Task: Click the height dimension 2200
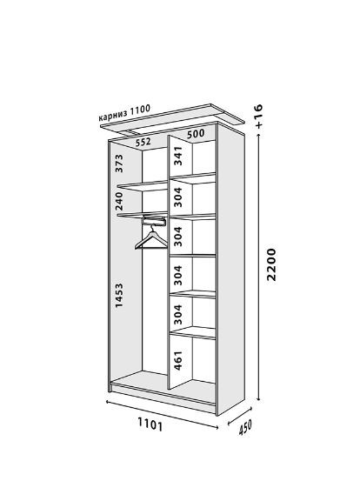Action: pos(271,264)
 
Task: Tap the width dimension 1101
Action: pos(150,424)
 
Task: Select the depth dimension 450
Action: pos(245,428)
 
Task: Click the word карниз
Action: pos(112,116)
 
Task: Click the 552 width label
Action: pos(143,142)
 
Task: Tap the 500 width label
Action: pos(196,134)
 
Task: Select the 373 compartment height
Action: pos(119,164)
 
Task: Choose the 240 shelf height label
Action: pos(119,201)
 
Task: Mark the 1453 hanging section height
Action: pos(119,295)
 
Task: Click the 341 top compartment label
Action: pos(178,156)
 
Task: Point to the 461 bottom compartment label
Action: pos(178,361)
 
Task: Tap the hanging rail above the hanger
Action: pos(154,220)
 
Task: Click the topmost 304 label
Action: pos(178,197)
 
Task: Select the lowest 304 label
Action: pos(178,315)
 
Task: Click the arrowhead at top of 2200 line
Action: pos(259,136)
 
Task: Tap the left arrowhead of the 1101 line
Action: pos(108,402)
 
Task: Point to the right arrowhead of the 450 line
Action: pos(250,408)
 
